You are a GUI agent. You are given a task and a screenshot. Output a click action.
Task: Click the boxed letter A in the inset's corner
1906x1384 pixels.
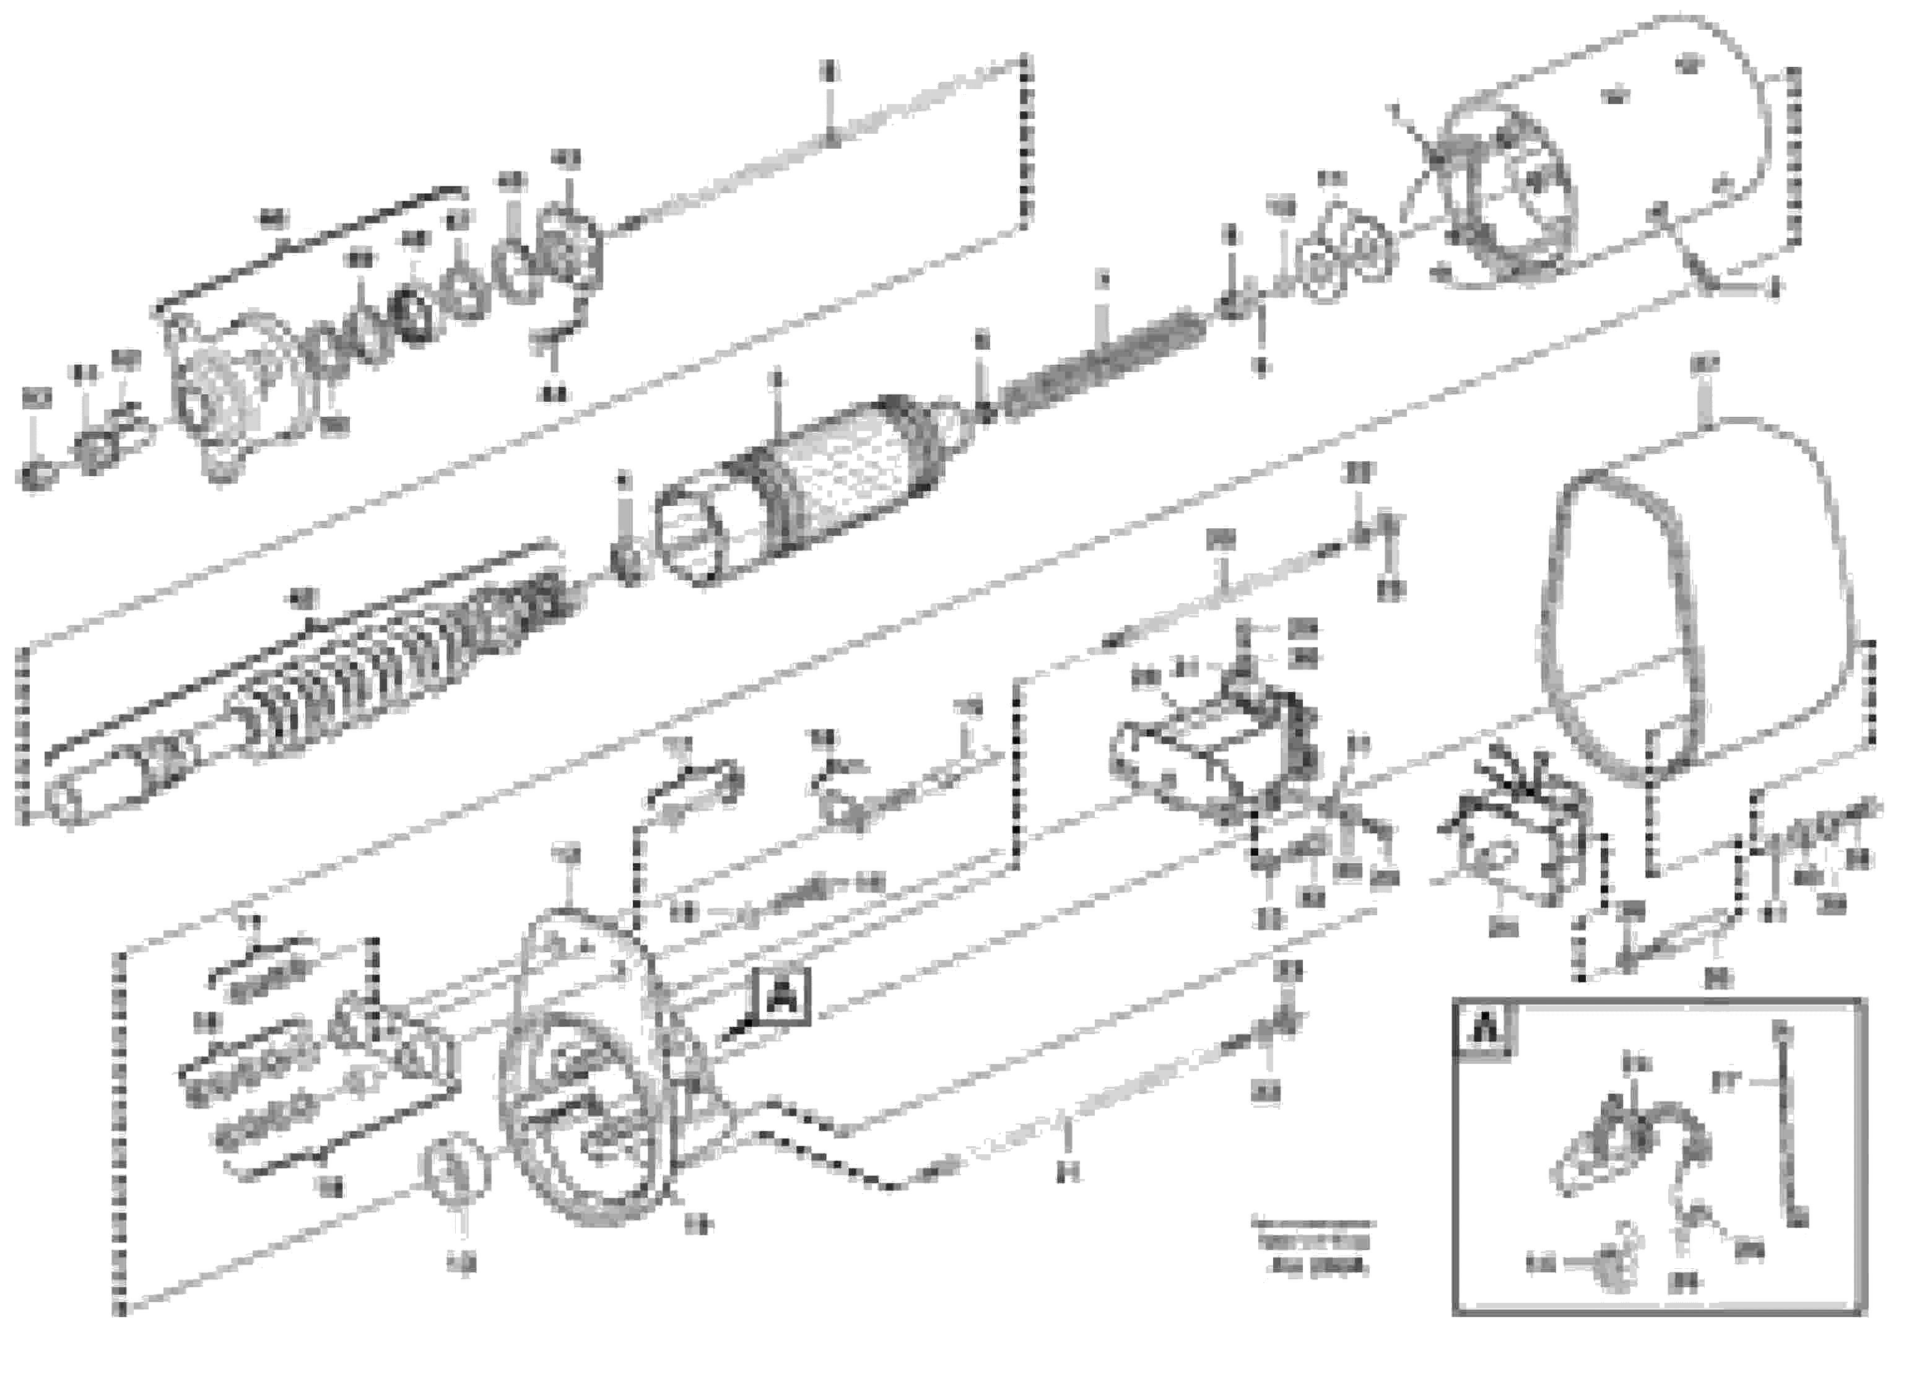(x=1485, y=1029)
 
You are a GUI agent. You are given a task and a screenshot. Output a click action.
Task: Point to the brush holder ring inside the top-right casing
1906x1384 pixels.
(x=1504, y=202)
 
